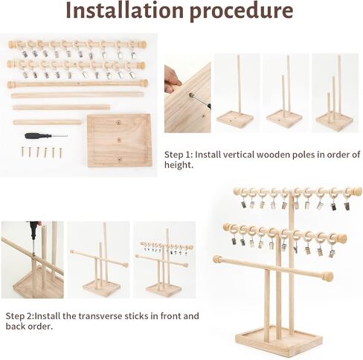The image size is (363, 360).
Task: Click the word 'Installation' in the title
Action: [125, 10]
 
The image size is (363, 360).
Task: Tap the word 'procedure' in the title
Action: [242, 12]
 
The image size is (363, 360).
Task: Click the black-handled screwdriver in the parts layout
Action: [46, 135]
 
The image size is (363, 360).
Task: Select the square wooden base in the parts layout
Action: [119, 141]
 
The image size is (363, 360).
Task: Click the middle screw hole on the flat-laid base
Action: [119, 140]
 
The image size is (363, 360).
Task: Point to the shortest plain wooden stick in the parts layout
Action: [47, 122]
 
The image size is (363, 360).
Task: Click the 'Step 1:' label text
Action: [179, 155]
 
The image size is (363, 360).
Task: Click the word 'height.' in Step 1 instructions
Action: [179, 165]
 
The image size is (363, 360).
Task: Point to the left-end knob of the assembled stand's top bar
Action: [237, 191]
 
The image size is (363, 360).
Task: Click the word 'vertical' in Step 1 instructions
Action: [239, 155]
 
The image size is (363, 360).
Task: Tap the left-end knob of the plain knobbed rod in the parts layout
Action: [10, 85]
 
